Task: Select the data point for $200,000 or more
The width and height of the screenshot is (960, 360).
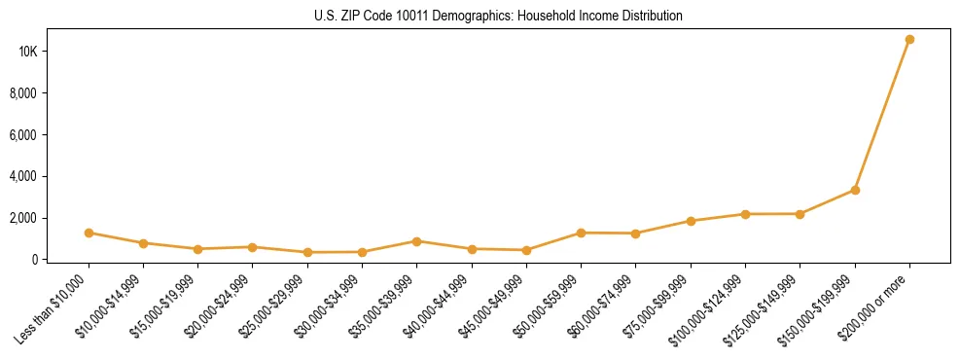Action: coord(909,40)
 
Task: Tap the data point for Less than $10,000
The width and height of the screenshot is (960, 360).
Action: coord(89,233)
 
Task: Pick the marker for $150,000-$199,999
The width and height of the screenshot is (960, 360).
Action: coord(855,190)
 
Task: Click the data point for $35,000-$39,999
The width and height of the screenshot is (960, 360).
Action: coord(416,241)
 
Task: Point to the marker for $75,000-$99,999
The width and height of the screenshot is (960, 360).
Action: coord(691,221)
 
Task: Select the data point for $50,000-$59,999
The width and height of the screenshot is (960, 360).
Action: coord(581,233)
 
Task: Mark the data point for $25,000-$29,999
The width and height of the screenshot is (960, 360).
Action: coord(307,252)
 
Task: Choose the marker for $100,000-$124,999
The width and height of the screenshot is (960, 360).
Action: coord(745,214)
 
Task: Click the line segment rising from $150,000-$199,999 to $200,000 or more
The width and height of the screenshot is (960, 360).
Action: coord(882,115)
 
